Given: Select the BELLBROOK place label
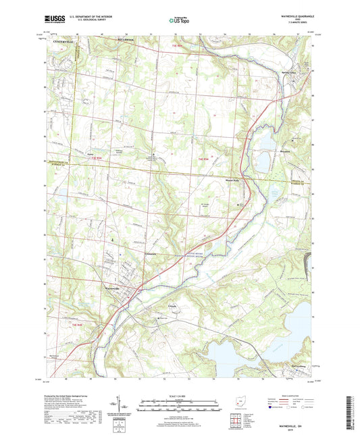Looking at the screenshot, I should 127,41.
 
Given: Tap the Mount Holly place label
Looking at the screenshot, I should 232,180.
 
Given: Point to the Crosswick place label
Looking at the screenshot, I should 151,254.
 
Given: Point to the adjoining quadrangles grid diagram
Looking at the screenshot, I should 234,419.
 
